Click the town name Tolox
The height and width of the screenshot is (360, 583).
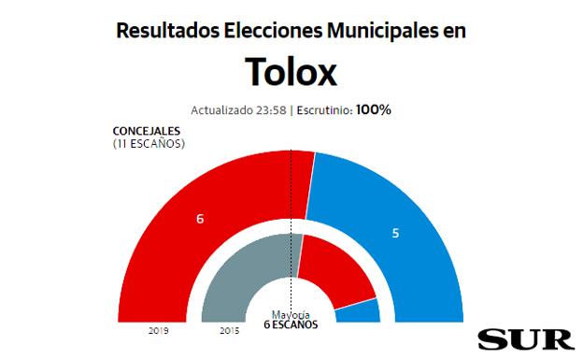[291, 71]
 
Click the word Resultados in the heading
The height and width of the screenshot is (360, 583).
[165, 31]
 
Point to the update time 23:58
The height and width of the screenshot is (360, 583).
[270, 110]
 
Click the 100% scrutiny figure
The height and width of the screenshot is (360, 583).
[374, 110]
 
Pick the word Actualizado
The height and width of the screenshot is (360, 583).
[221, 110]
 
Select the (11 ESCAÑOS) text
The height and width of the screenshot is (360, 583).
[149, 143]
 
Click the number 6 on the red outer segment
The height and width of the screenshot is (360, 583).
[200, 219]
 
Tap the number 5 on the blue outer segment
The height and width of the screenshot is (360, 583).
[395, 233]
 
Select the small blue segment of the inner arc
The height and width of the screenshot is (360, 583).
[359, 312]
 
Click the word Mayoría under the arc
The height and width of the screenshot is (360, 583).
[291, 315]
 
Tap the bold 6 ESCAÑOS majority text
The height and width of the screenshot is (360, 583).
[291, 325]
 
